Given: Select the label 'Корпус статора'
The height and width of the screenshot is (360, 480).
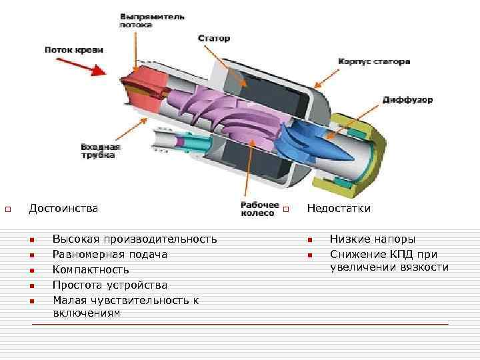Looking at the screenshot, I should pyautogui.click(x=374, y=61).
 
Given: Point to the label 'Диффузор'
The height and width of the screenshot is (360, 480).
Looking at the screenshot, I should pyautogui.click(x=407, y=100).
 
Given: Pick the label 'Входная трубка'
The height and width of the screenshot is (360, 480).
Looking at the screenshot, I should pyautogui.click(x=100, y=151).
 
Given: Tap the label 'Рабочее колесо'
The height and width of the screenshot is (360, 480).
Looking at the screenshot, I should pyautogui.click(x=257, y=209).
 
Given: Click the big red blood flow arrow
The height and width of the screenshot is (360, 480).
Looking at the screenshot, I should pyautogui.click(x=84, y=66).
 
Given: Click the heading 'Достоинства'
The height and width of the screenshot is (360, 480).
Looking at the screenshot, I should pyautogui.click(x=63, y=209).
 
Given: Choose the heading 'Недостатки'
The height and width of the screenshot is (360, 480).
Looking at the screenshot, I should pyautogui.click(x=338, y=209).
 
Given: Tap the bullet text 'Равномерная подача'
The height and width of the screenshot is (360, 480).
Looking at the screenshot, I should pyautogui.click(x=110, y=254).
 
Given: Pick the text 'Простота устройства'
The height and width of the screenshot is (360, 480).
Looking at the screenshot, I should pyautogui.click(x=110, y=285).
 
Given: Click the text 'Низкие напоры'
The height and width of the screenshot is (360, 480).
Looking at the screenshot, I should pyautogui.click(x=372, y=239).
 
